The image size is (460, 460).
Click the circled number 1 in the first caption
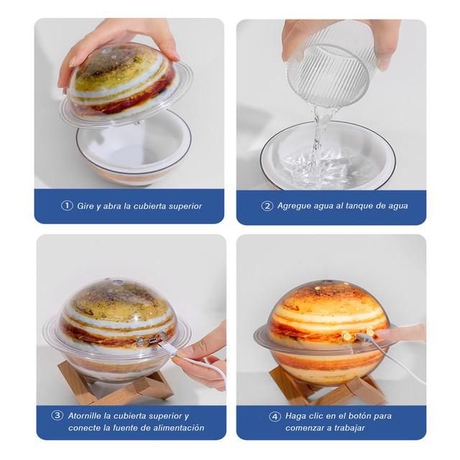tap(67, 206)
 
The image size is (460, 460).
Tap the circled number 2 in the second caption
tap(267, 206)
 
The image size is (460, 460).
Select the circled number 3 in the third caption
tap(57, 415)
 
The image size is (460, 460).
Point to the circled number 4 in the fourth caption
tap(275, 416)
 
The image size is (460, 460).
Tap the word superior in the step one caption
tap(185, 206)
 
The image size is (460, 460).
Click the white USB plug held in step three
tap(168, 350)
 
